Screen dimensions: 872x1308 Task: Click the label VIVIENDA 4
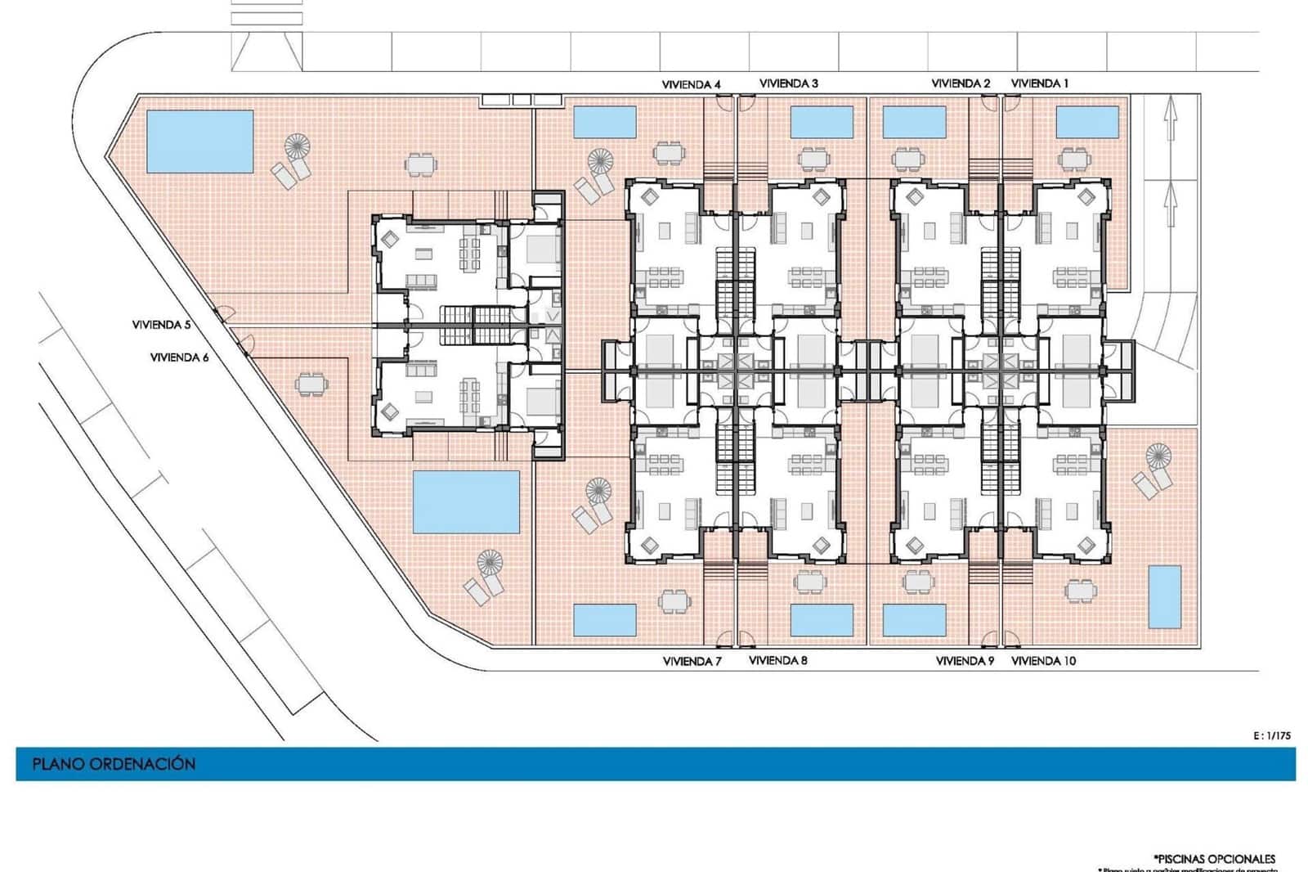click(691, 84)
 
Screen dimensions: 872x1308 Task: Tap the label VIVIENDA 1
click(1039, 83)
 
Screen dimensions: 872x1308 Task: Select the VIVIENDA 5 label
click(161, 325)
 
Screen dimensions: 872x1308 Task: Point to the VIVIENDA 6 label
click(179, 357)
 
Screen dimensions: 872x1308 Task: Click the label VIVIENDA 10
click(1043, 661)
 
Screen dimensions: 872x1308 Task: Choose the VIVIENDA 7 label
click(692, 661)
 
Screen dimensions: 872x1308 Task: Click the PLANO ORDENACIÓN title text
click(114, 764)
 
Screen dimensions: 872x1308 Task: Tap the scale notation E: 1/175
click(1271, 735)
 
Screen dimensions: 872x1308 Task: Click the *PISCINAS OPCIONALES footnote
click(1214, 859)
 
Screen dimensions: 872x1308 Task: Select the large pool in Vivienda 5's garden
click(199, 142)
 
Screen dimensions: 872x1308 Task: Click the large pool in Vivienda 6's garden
click(465, 501)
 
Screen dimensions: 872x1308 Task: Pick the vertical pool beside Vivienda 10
click(1164, 596)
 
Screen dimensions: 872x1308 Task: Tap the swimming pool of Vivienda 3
click(822, 122)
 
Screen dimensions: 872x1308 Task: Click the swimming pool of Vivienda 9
click(914, 620)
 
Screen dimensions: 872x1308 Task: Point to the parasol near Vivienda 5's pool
click(298, 148)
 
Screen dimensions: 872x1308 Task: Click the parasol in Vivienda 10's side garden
click(1158, 456)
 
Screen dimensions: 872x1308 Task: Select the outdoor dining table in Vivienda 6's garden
click(311, 384)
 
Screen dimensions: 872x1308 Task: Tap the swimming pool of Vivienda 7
click(605, 620)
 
